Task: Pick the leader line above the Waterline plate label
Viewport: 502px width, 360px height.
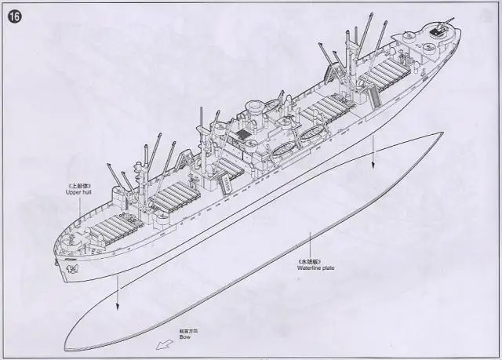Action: point(313,243)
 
